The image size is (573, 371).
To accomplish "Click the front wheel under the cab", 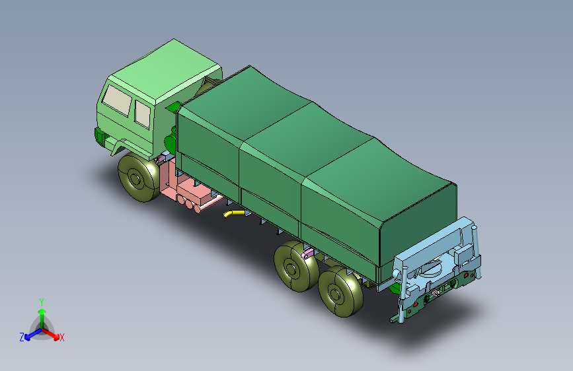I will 139,178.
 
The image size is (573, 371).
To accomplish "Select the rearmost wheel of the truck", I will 341,293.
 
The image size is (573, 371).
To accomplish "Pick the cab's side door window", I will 143,114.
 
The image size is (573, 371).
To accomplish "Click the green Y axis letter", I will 42,301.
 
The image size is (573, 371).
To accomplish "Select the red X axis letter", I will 62,338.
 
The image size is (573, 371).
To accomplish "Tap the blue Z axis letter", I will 22,337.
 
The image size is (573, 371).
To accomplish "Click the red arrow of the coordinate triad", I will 52,334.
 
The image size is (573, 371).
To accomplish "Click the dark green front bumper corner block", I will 100,137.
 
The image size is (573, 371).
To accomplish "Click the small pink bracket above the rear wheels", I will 307,253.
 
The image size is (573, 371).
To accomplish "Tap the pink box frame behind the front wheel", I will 169,182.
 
